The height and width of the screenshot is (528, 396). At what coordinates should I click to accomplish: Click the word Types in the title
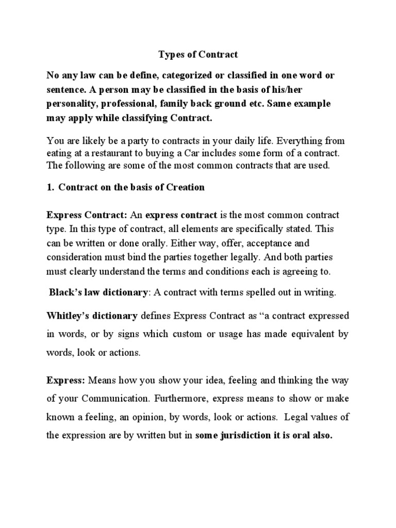pyautogui.click(x=171, y=54)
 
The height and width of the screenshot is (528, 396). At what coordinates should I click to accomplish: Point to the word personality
pyautogui.click(x=72, y=104)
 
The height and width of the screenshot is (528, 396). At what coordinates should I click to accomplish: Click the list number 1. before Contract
pyautogui.click(x=51, y=187)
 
